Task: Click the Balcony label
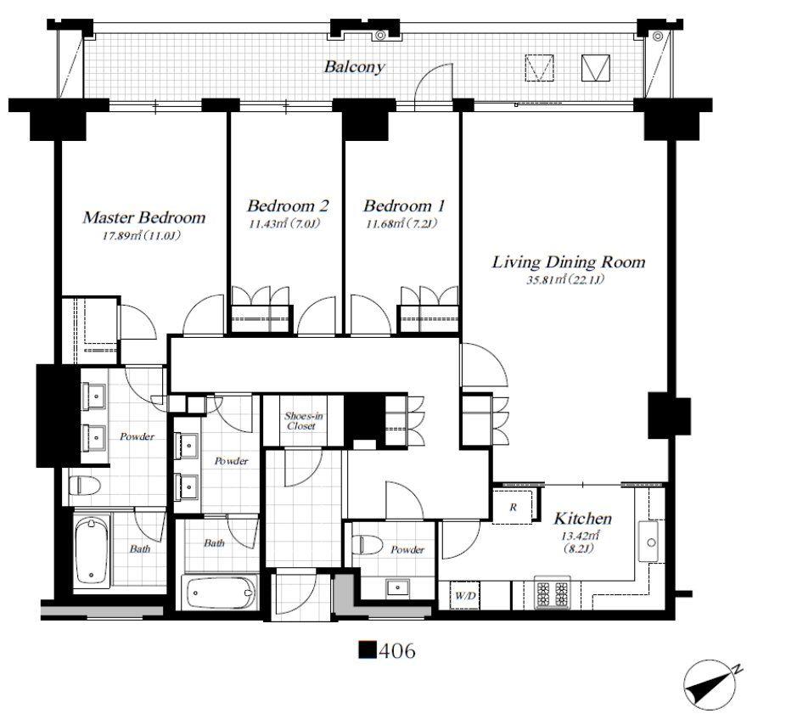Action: point(354,67)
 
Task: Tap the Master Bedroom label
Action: point(143,217)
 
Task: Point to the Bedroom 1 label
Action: point(404,206)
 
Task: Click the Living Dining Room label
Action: point(569,261)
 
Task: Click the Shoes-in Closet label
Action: point(303,421)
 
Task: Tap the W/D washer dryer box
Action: point(465,596)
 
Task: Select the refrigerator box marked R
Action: point(514,507)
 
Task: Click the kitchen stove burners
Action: point(552,593)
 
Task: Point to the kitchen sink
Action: point(651,542)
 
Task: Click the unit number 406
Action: point(397,651)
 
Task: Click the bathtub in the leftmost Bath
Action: point(92,552)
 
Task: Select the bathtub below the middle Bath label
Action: point(221,592)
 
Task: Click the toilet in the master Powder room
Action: point(85,485)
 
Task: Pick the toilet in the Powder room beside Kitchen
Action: point(368,543)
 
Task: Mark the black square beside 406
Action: point(368,650)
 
